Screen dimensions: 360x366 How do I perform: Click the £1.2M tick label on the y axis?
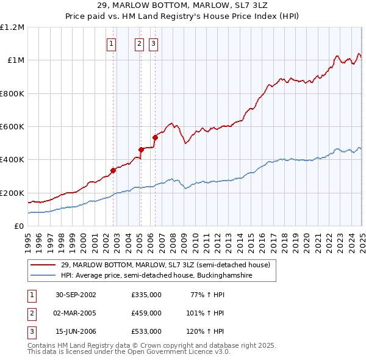coord(12,27)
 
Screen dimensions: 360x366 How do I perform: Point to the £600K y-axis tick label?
coord(12,127)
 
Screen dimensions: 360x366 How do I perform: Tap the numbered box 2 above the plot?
coord(140,43)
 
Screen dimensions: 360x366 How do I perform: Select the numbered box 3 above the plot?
coord(154,43)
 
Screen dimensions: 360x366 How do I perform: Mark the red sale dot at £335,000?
coord(113,170)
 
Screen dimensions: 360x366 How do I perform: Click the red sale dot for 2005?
coord(140,149)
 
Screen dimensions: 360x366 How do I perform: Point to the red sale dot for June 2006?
coord(155,137)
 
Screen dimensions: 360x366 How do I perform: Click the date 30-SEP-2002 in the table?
coord(76,295)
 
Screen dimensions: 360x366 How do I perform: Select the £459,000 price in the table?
coord(146,313)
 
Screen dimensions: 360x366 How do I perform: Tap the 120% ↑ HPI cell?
coord(206,331)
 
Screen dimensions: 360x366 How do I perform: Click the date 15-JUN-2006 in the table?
coord(76,331)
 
